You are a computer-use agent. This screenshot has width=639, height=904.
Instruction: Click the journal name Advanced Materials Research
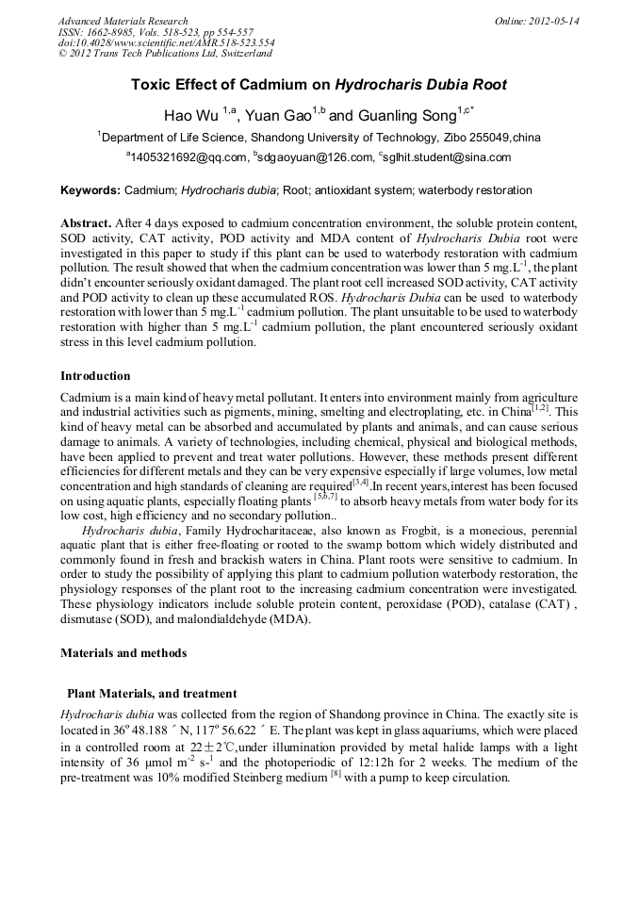click(123, 21)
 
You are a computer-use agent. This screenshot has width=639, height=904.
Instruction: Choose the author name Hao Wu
click(191, 115)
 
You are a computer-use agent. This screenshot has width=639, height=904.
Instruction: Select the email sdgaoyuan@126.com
click(312, 157)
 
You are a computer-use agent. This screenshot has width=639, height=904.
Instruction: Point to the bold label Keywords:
click(90, 190)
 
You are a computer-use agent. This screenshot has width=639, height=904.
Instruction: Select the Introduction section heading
click(95, 375)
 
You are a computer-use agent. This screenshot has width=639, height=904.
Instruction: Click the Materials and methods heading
click(123, 652)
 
